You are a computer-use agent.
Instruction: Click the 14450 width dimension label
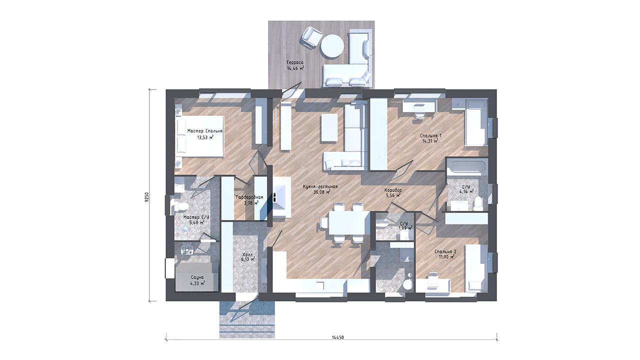click(337, 337)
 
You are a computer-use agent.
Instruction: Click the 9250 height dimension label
click(146, 197)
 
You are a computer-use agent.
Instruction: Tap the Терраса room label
click(295, 62)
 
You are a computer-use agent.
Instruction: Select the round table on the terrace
click(332, 46)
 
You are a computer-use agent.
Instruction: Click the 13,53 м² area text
click(205, 137)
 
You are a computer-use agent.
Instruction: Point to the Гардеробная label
click(249, 197)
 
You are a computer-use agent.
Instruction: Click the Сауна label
click(197, 277)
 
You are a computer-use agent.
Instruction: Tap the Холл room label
click(247, 254)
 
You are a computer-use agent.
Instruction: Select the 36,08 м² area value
click(322, 192)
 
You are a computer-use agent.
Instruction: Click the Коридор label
click(393, 190)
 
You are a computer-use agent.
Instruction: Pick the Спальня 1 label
click(430, 135)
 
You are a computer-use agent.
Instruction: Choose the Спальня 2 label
click(445, 251)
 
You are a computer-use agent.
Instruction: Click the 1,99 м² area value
click(405, 228)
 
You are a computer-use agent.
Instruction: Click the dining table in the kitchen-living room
click(349, 223)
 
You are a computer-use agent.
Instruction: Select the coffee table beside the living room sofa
click(329, 127)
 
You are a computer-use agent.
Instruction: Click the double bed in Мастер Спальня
click(199, 136)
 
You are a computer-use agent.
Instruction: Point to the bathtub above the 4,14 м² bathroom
click(467, 167)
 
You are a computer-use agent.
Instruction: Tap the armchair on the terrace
click(311, 38)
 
